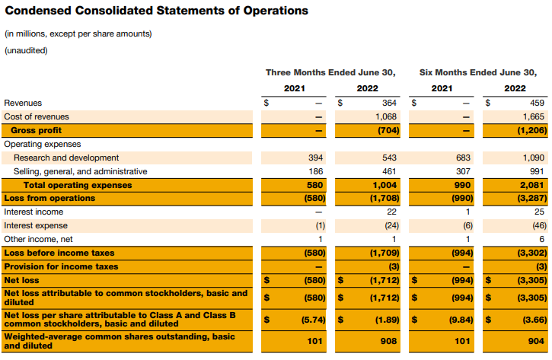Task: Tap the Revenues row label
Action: (x=23, y=103)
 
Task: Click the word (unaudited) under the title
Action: (x=26, y=50)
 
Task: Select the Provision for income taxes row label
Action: (x=61, y=266)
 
